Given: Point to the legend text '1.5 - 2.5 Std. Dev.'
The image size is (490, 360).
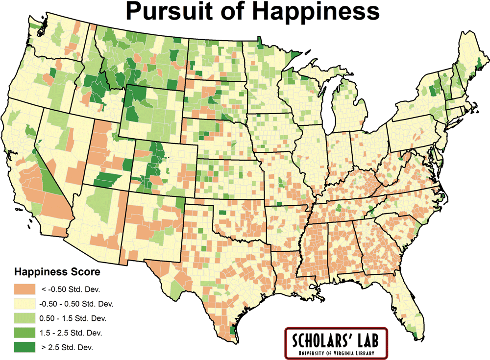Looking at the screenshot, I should (71, 333).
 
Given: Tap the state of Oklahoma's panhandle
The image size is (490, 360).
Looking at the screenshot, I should (198, 205).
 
